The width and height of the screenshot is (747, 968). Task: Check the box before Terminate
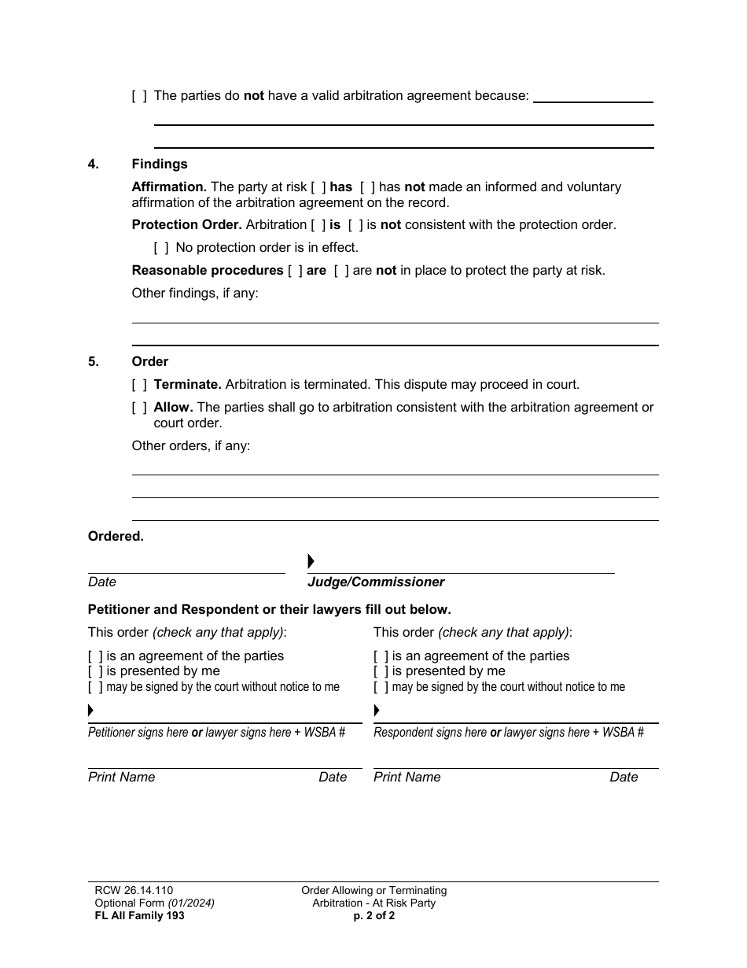[139, 385]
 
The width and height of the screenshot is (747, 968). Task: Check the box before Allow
[139, 408]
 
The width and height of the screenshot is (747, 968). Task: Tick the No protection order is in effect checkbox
[161, 248]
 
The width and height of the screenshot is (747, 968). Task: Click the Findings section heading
[160, 164]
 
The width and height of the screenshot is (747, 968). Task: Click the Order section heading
[150, 362]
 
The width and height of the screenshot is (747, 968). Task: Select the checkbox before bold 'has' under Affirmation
[318, 187]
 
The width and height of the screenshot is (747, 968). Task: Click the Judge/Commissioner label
[376, 582]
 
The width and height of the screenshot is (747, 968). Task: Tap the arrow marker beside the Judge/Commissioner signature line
[311, 561]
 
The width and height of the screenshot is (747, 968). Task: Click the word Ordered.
[116, 537]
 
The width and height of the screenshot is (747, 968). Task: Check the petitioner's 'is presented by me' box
[95, 671]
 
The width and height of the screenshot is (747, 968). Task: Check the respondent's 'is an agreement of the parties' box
[381, 656]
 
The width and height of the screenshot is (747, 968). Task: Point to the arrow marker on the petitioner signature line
[91, 711]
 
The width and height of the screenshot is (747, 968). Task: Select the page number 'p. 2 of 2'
[373, 916]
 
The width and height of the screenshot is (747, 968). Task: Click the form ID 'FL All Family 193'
[139, 916]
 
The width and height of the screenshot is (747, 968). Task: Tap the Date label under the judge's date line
[102, 582]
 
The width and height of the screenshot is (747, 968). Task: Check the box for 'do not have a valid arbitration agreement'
[139, 96]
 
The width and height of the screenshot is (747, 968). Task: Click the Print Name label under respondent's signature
[407, 778]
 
